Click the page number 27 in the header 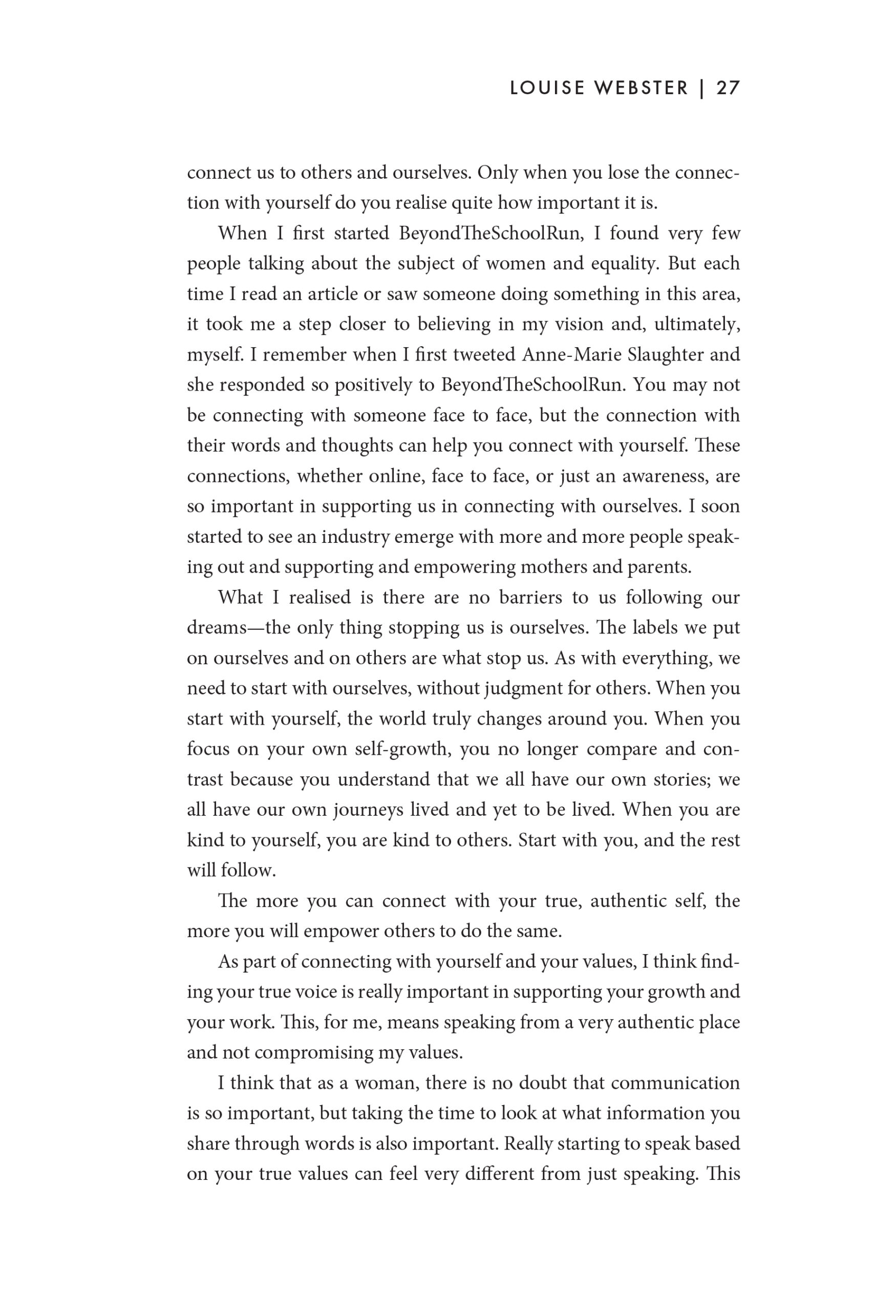[728, 89]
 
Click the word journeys [369, 810]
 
